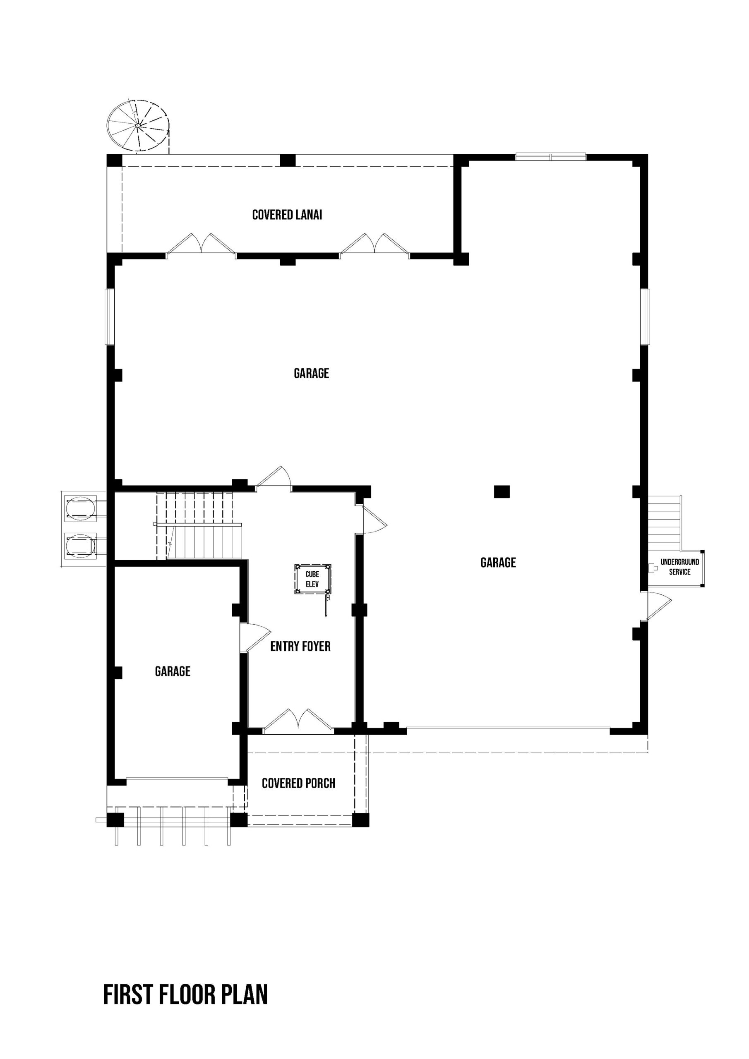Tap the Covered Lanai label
coord(287,215)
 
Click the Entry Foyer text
coord(300,646)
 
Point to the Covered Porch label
coord(299,783)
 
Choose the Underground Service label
coord(680,567)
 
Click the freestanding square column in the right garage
coord(502,492)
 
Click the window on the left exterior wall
coord(109,316)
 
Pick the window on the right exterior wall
coord(645,316)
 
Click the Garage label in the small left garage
coord(173,671)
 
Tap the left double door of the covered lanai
coord(201,244)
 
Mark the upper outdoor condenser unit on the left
coord(81,508)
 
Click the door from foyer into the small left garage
coord(254,638)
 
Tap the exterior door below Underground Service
coord(658,606)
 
